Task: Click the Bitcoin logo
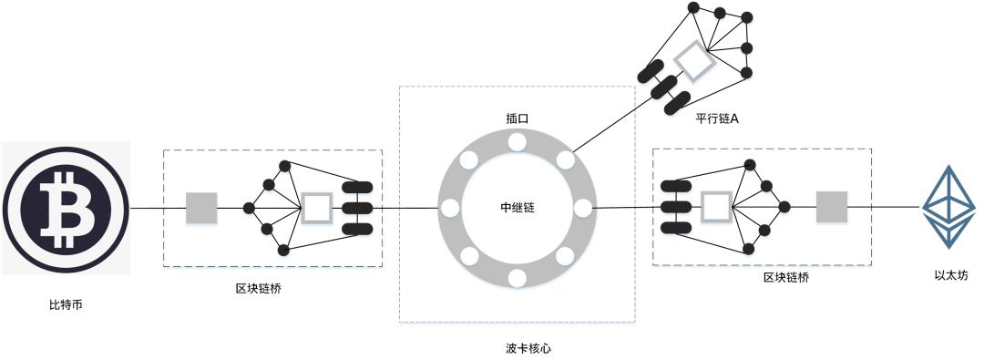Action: point(66,207)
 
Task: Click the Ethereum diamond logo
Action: point(948,206)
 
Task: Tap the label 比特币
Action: point(65,304)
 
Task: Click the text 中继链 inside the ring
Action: point(517,208)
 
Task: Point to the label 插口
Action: point(517,118)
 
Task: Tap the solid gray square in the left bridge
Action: point(201,208)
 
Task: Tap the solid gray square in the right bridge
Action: point(831,207)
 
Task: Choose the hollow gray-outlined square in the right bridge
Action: point(716,207)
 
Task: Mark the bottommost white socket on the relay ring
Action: point(517,277)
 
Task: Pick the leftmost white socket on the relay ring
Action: point(449,209)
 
